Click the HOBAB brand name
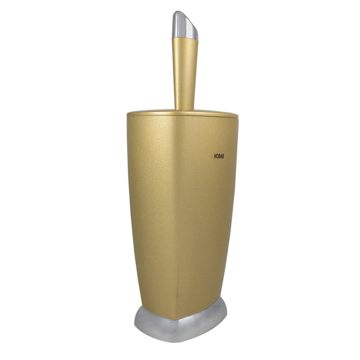click(x=219, y=156)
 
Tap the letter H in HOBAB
click(x=215, y=156)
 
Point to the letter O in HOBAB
click(x=217, y=156)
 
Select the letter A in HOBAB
click(x=221, y=156)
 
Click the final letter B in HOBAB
click(x=223, y=156)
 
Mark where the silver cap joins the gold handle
click(x=185, y=38)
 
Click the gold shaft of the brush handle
click(x=185, y=73)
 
